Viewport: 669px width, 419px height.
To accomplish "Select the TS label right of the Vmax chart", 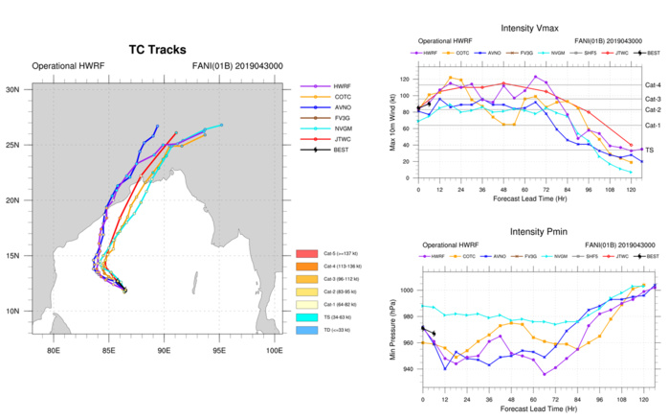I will (x=651, y=150).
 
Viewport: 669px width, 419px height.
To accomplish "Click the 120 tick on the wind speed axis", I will (x=408, y=80).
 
